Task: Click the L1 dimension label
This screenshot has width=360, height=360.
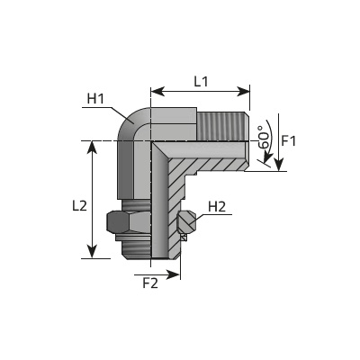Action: point(201,82)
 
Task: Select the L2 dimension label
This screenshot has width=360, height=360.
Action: point(79,206)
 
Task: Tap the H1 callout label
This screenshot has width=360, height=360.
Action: point(95,99)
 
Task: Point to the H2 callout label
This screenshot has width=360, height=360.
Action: point(217,207)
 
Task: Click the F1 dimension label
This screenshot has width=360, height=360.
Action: point(289,140)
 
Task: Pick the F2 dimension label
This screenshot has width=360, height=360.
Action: point(150,283)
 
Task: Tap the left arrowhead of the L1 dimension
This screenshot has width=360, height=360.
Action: point(157,91)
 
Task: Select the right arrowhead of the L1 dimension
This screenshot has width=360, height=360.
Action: point(243,91)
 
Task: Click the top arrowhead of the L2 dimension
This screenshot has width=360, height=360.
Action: point(93,148)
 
